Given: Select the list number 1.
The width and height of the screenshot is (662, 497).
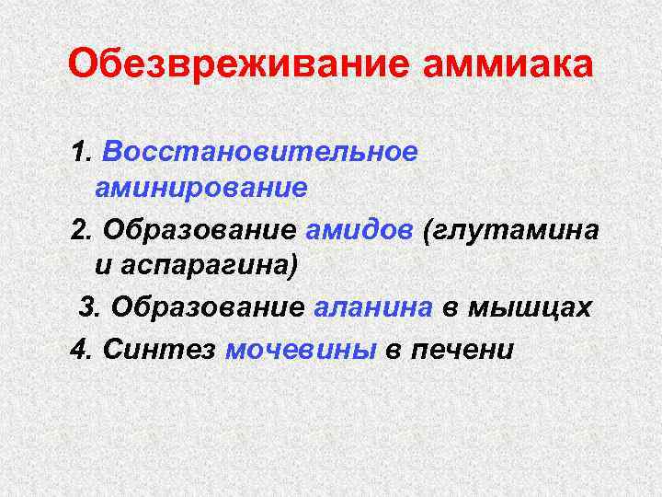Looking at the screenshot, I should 82,151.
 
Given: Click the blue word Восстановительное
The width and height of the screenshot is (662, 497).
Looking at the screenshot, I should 261,151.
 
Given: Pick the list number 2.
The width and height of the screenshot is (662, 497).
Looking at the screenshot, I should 82,228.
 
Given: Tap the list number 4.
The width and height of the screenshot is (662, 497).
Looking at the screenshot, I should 82,348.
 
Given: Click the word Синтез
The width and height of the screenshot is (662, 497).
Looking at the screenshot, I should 160,348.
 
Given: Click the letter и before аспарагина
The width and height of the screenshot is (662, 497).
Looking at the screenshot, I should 102,268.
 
